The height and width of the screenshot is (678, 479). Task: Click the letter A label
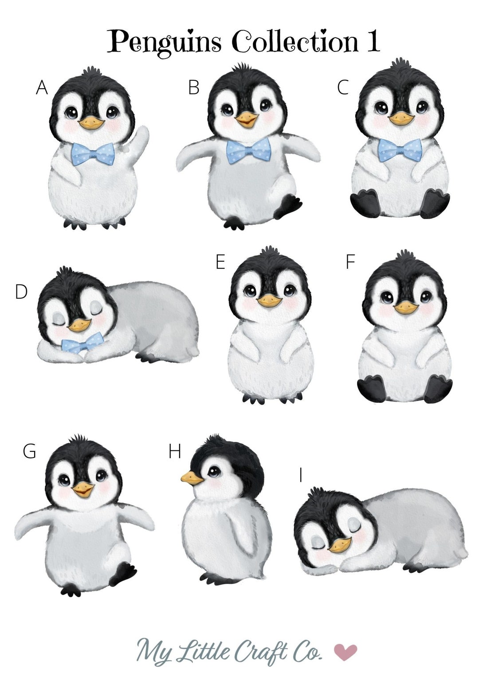pos(42,88)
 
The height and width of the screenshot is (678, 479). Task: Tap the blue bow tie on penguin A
pos(93,154)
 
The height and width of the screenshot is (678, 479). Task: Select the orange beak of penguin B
pos(247,119)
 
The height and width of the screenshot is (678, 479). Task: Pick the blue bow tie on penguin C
pos(400,150)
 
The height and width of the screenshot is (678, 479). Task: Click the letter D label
pos(21,292)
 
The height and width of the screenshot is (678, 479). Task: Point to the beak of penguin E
pos(269,301)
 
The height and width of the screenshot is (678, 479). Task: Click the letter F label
pos(350,262)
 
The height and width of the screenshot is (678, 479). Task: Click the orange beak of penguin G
pos(83,489)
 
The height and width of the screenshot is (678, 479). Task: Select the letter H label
pos(175,452)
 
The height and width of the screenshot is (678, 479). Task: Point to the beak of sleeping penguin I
pos(340,544)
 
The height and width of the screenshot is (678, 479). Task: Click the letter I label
pos(301,475)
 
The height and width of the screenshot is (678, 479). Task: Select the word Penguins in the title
pos(164,42)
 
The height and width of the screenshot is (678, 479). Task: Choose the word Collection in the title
pos(294,42)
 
